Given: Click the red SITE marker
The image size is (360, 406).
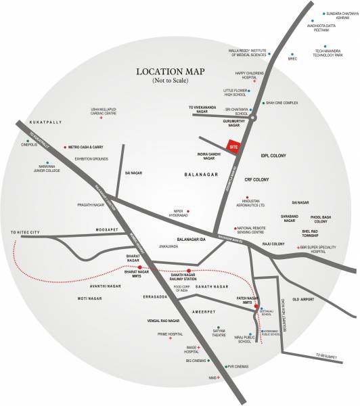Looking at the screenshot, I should [x=233, y=145].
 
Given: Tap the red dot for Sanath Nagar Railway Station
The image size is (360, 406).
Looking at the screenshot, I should [x=189, y=270].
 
